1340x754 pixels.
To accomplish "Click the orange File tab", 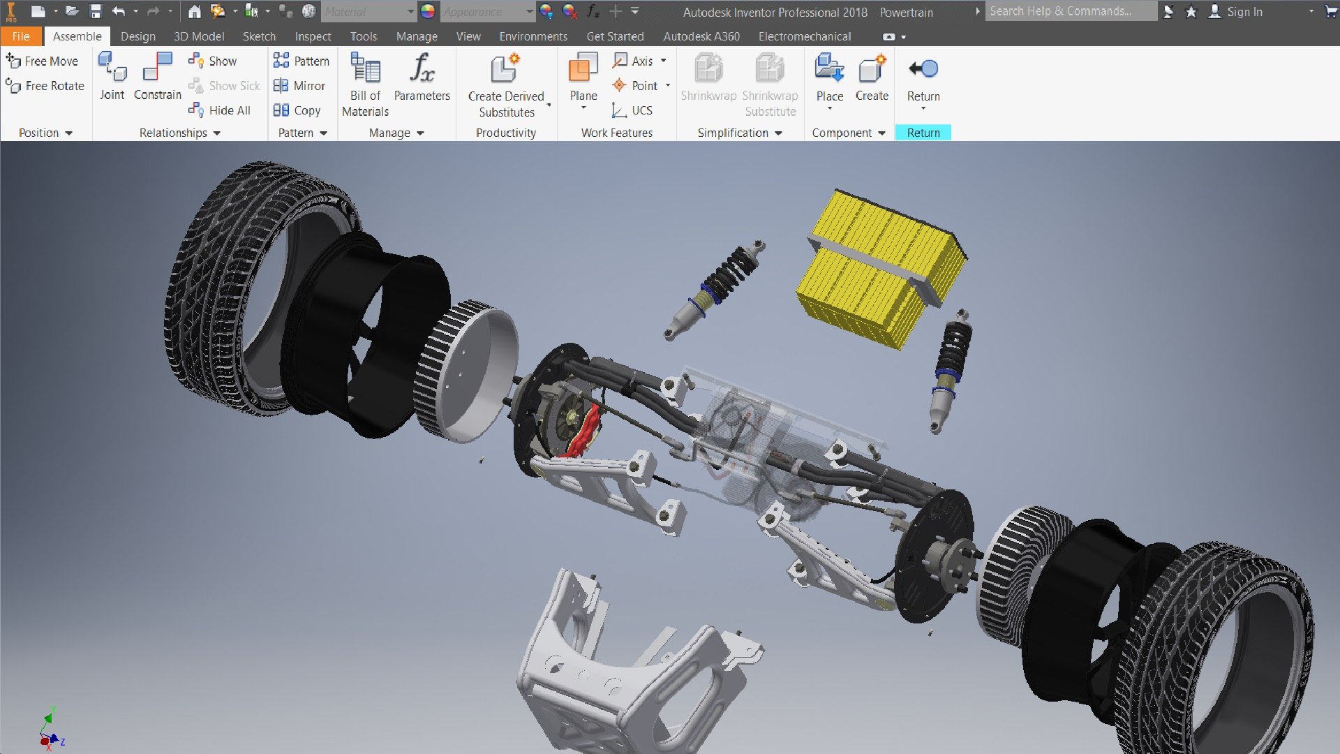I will (21, 36).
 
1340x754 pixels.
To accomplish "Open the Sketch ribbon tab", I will (259, 36).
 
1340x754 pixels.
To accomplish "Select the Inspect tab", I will (313, 36).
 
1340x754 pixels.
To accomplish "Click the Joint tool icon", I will (112, 68).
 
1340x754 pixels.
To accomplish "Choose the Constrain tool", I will (157, 68).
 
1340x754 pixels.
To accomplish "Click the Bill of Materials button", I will (365, 68).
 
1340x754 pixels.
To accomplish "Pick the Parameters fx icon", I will (422, 68).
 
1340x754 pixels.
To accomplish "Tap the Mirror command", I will (300, 86).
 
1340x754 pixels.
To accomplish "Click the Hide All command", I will (220, 110).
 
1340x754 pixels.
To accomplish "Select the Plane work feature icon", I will (583, 68).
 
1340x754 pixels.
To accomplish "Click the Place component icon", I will (829, 68).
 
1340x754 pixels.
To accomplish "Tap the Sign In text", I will (1244, 12).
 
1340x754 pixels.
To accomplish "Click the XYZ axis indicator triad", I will (51, 730).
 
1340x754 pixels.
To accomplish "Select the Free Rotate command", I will (45, 86).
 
